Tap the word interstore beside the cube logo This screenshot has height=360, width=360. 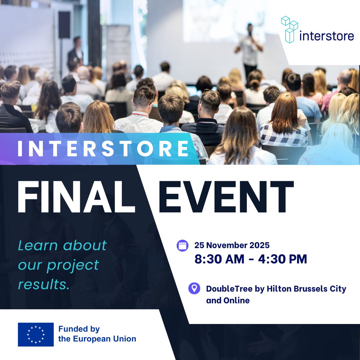pyautogui.click(x=327, y=36)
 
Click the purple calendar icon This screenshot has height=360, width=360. pyautogui.click(x=182, y=245)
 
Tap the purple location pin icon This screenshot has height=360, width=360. pyautogui.click(x=194, y=288)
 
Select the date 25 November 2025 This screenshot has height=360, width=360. pyautogui.click(x=232, y=245)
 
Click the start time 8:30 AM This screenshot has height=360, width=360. pyautogui.click(x=219, y=259)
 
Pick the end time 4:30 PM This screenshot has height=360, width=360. pyautogui.click(x=282, y=259)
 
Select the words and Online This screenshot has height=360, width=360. pyautogui.click(x=228, y=300)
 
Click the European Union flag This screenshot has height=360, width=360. pyautogui.click(x=36, y=334)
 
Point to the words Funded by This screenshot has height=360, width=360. pyautogui.click(x=79, y=329)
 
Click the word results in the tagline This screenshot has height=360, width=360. pyautogui.click(x=44, y=284)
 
